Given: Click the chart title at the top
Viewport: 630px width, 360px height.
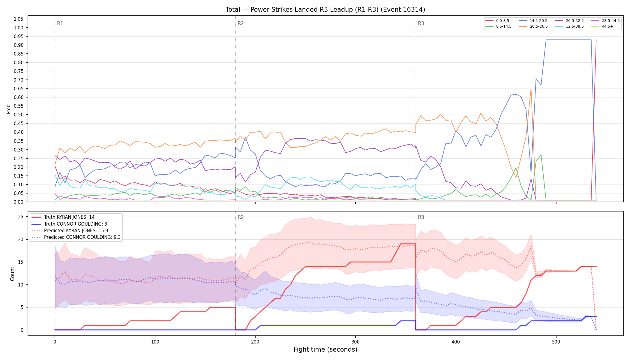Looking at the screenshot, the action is [x=325, y=10].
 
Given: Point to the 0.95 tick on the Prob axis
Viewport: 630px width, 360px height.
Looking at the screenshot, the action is [x=18, y=36].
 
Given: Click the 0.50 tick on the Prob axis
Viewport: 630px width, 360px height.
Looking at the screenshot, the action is [x=18, y=115].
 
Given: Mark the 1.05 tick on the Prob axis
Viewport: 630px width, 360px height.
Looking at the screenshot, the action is [x=18, y=19].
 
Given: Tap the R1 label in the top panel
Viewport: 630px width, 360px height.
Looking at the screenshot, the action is [x=60, y=23].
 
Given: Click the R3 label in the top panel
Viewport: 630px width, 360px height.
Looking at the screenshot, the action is [x=421, y=23].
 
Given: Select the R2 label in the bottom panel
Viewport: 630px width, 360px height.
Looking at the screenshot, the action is [x=241, y=217].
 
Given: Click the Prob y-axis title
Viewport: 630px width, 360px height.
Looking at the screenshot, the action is [x=8, y=109].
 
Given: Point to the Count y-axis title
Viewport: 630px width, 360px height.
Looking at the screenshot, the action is [x=12, y=274].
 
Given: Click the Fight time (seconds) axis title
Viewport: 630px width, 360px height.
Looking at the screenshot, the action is [x=325, y=349].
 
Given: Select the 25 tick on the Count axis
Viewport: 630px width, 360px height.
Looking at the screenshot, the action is [x=21, y=217].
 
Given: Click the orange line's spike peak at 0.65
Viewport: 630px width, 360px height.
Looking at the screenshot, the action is [x=531, y=88].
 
